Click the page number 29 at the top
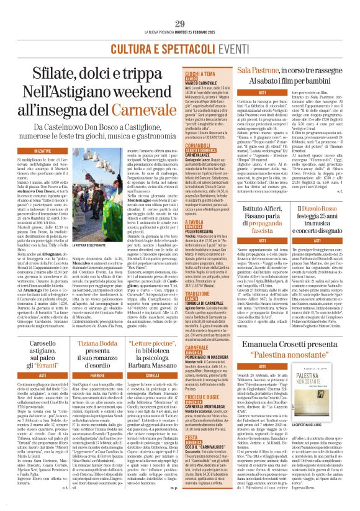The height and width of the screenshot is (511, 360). (180, 6)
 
